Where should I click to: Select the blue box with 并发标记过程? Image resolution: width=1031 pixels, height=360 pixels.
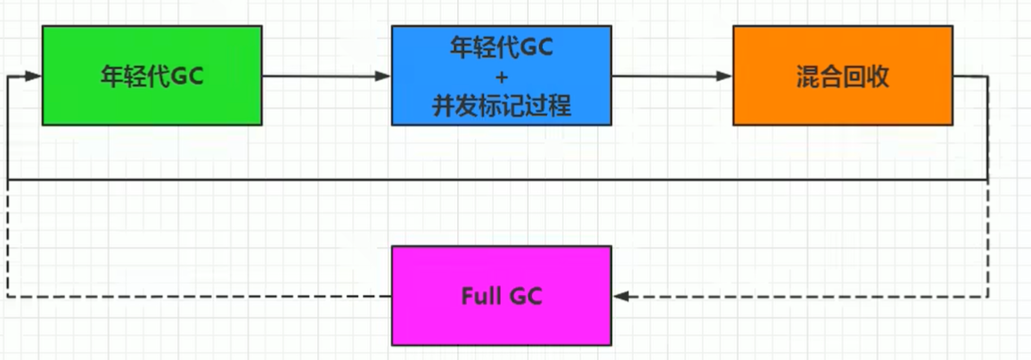pyautogui.click(x=501, y=75)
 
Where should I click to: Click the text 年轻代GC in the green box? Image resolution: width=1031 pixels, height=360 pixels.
pyautogui.click(x=151, y=77)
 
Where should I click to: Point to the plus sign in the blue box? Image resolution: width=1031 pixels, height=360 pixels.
pyautogui.click(x=501, y=77)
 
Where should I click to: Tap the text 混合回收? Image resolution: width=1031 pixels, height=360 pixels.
pyautogui.click(x=842, y=77)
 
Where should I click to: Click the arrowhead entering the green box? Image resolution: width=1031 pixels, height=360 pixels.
pyautogui.click(x=34, y=77)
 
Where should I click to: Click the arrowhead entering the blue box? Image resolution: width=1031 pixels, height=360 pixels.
pyautogui.click(x=383, y=77)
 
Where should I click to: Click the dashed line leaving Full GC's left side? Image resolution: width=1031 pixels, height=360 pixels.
pyautogui.click(x=196, y=296)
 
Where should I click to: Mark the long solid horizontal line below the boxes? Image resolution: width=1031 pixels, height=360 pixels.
pyautogui.click(x=499, y=180)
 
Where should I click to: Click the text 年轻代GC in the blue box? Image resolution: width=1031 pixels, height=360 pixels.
pyautogui.click(x=501, y=48)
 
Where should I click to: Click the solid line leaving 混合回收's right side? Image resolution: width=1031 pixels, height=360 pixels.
pyautogui.click(x=971, y=77)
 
